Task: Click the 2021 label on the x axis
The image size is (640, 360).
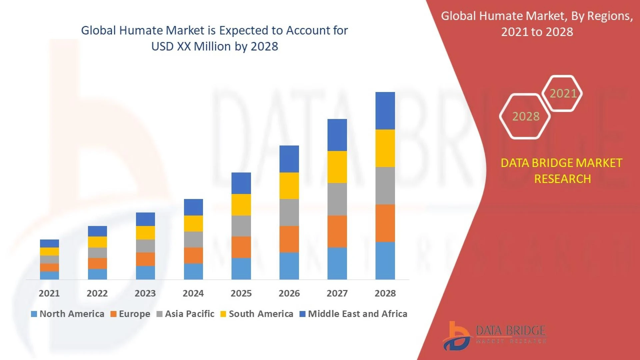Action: (x=49, y=293)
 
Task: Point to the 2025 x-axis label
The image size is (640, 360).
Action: (x=241, y=293)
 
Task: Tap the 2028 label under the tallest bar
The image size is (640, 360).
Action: (x=385, y=293)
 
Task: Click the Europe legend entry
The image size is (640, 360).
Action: (x=130, y=314)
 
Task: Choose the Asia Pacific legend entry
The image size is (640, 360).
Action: (x=186, y=314)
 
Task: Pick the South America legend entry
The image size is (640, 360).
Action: (x=257, y=314)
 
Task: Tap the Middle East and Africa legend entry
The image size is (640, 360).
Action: (x=354, y=314)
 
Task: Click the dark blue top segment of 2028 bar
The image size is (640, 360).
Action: (x=385, y=111)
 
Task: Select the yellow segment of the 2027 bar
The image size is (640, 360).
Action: (x=337, y=167)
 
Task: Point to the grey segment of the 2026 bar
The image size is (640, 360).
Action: (x=289, y=212)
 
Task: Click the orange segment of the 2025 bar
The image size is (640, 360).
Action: (x=241, y=247)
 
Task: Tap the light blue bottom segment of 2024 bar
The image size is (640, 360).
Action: (x=193, y=271)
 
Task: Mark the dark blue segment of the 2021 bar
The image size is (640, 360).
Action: (x=49, y=243)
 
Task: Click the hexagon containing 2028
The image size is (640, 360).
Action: (x=525, y=116)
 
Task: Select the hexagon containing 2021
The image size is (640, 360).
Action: (x=563, y=93)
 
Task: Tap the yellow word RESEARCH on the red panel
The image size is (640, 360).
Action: (x=562, y=179)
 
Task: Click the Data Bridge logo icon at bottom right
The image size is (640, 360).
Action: (x=457, y=336)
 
